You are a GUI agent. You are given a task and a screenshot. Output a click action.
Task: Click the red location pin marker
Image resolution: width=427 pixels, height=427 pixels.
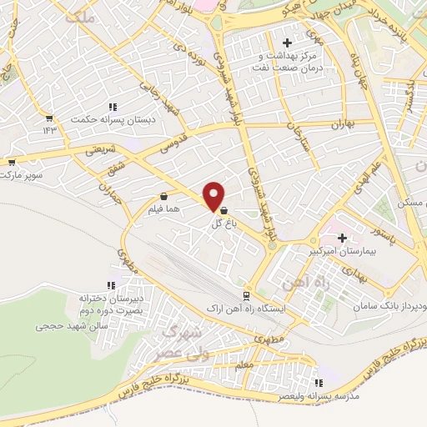click(214, 195)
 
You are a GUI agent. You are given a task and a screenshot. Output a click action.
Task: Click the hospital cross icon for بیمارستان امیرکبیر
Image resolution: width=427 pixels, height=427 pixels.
click(341, 238)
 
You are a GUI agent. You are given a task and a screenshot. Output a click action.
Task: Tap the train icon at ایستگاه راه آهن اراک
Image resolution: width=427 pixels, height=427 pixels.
click(245, 296)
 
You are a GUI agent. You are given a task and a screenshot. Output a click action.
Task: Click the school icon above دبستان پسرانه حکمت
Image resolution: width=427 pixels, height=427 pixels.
click(113, 107)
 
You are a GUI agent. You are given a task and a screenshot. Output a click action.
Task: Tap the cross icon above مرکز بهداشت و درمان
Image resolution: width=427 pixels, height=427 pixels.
click(288, 43)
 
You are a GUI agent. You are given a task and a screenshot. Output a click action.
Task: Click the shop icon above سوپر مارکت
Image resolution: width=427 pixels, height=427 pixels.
click(11, 163)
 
